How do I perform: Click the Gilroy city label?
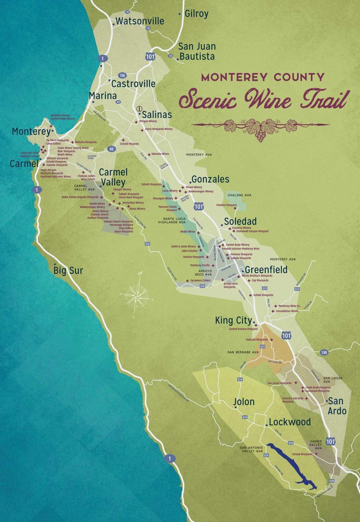pyautogui.click(x=196, y=14)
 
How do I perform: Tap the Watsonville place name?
pyautogui.click(x=140, y=21)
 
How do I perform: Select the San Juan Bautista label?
pyautogui.click(x=197, y=52)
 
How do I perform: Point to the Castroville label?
pyautogui.click(x=133, y=84)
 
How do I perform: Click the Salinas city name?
pyautogui.click(x=156, y=115)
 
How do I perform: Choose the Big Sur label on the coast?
pyautogui.click(x=68, y=270)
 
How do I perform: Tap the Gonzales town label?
pyautogui.click(x=210, y=179)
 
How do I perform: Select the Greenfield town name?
pyautogui.click(x=266, y=270)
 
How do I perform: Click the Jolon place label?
pyautogui.click(x=244, y=402)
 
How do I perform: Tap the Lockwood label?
pyautogui.click(x=290, y=422)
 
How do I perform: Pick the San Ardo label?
pyautogui.click(x=337, y=406)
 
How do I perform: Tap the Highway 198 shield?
pyautogui.click(x=324, y=352)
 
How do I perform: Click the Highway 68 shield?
pyautogui.click(x=111, y=149)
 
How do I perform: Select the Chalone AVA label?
pyautogui.click(x=239, y=195)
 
